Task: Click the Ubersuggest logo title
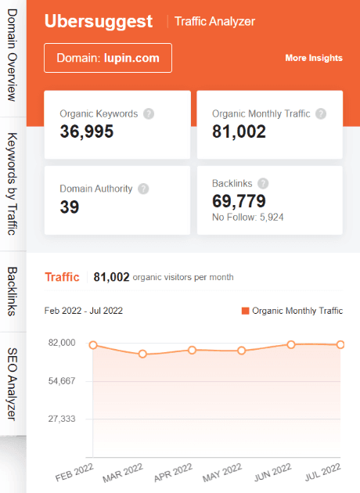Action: (x=99, y=21)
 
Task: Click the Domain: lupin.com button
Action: (x=108, y=58)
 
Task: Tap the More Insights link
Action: (x=313, y=58)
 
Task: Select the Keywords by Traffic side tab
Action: (x=12, y=184)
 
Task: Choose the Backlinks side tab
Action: (x=12, y=291)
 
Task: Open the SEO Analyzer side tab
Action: (x=12, y=383)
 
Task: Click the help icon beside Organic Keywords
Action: (x=149, y=113)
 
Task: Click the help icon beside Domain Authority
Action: (x=143, y=189)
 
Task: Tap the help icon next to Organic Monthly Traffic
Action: (x=321, y=113)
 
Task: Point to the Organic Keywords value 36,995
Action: (x=87, y=131)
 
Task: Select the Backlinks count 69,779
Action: (x=239, y=201)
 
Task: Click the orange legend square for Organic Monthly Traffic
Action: (x=245, y=311)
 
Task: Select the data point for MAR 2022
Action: (x=142, y=354)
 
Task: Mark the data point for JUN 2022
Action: (x=291, y=344)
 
